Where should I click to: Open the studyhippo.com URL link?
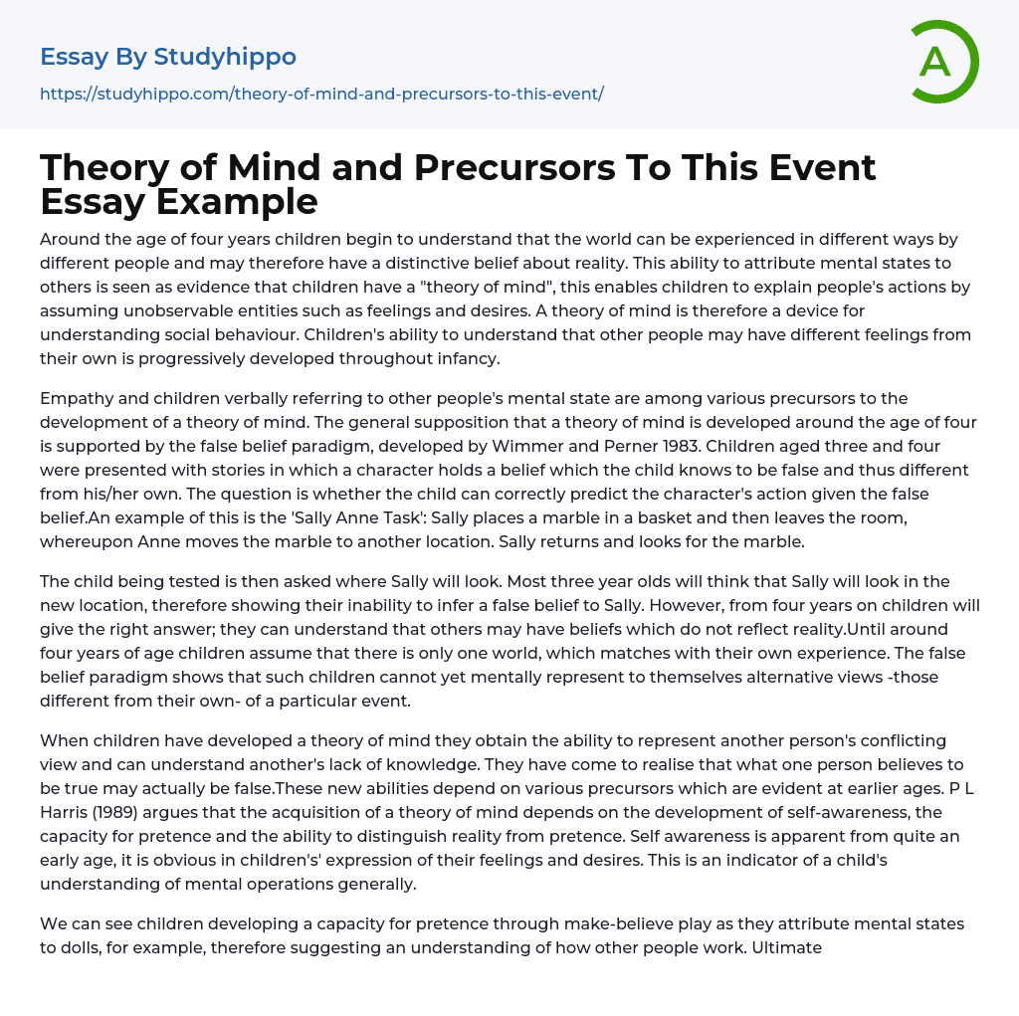coord(321,95)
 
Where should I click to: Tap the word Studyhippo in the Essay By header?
coord(225,57)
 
